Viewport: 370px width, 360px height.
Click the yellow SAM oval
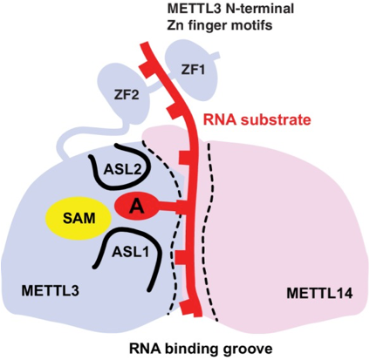tap(79, 218)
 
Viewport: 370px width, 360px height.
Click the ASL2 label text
tap(123, 169)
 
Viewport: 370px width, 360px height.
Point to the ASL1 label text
tap(130, 251)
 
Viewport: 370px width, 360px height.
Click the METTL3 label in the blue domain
tap(51, 290)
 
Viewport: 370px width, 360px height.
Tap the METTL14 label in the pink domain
tap(319, 293)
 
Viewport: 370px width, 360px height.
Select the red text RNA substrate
tap(257, 119)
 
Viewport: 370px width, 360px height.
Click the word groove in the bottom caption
tap(247, 348)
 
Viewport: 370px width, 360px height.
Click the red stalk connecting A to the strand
tap(168, 207)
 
